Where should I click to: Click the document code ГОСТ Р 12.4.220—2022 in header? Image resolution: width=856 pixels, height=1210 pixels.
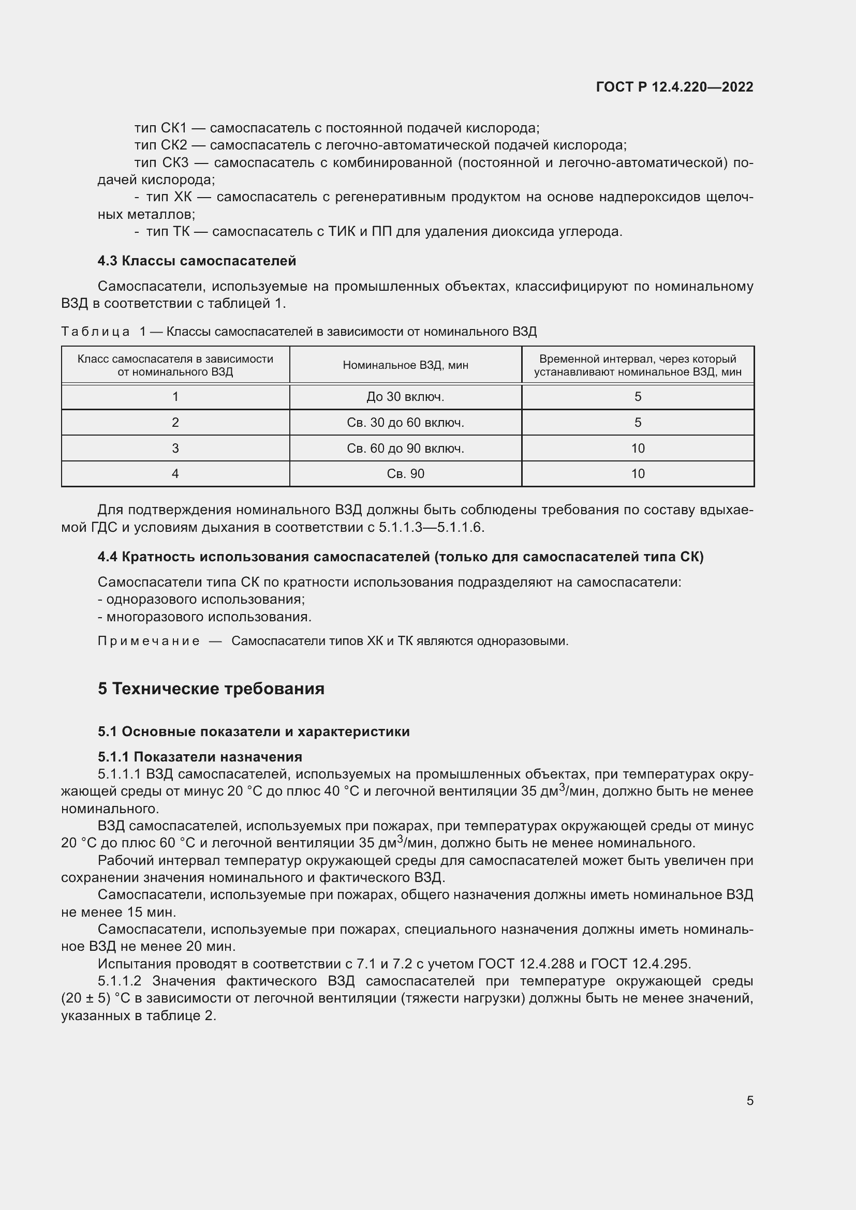point(674,87)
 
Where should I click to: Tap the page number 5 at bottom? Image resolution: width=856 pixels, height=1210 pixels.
point(749,1100)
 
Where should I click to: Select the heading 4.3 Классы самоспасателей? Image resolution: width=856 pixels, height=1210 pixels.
point(197,261)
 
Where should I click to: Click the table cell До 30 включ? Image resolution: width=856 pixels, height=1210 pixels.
point(405,397)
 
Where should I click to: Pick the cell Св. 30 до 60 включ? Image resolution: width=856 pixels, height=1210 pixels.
point(405,423)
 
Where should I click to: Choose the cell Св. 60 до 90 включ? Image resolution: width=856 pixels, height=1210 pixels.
point(405,449)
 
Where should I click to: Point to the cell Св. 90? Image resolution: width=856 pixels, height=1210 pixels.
point(405,474)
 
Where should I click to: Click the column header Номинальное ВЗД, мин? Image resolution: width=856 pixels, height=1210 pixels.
point(405,365)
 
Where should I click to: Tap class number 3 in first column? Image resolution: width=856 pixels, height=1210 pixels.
point(175,449)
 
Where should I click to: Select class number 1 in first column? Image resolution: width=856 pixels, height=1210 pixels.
point(175,397)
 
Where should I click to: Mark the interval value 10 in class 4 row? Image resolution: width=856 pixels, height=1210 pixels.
point(637,474)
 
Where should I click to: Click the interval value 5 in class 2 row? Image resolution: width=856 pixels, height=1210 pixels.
point(637,423)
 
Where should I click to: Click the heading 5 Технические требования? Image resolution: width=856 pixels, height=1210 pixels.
point(211,689)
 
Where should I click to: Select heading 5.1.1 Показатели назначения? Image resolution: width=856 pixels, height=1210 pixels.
point(200,757)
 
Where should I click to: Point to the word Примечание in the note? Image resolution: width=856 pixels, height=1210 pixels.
point(149,641)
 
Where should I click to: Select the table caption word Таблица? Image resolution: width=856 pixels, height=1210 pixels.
point(95,332)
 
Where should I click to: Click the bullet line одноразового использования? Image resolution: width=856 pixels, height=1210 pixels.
point(201,599)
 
